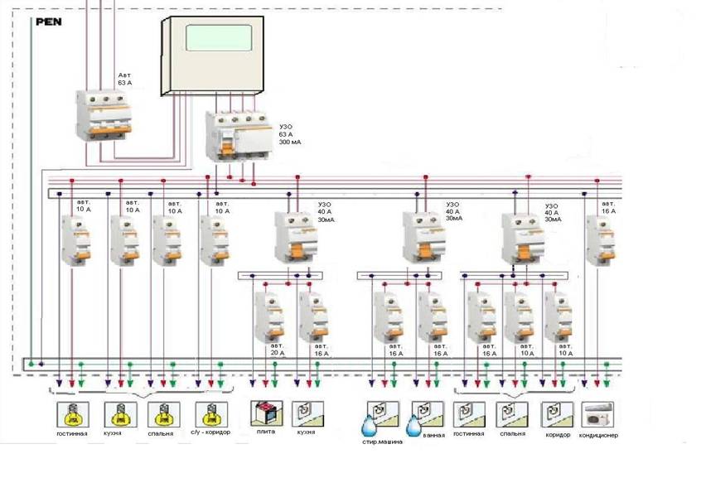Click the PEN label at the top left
[47, 22]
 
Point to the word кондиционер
[600, 435]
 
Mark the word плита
[265, 432]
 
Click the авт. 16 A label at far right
[608, 207]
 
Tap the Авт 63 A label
[124, 80]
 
